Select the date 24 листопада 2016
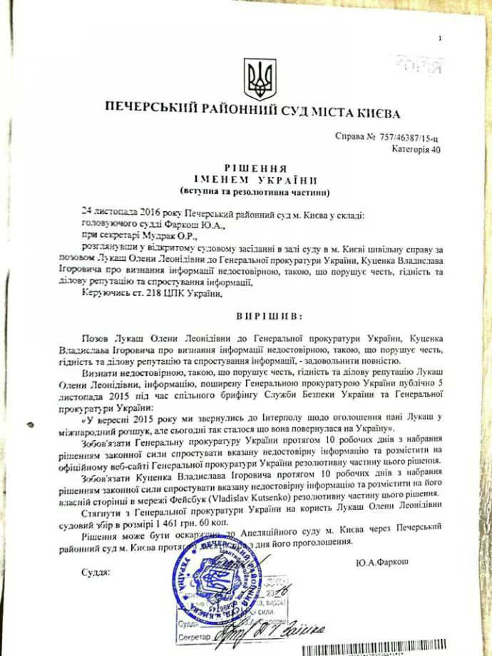118,214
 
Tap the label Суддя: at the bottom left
95,572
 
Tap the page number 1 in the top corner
441,38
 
